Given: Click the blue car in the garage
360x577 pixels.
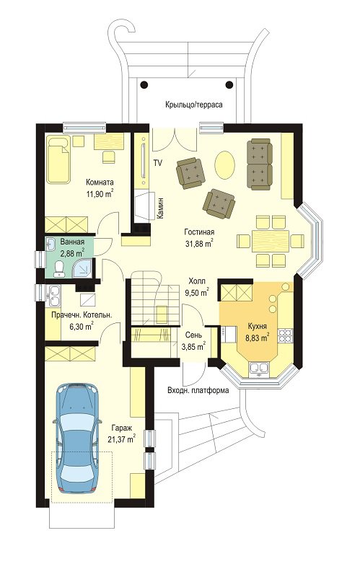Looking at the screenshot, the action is [77, 439].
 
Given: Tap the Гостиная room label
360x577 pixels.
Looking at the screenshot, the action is [199, 232].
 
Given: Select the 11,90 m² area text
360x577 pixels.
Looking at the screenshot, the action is [100, 194].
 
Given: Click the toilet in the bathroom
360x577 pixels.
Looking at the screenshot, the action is [58, 268].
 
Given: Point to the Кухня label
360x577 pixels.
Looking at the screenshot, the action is [258, 326].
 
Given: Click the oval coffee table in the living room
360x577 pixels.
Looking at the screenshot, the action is [224, 165].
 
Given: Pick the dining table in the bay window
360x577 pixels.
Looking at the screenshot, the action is [271, 241].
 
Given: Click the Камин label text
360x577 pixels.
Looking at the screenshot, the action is [160, 208].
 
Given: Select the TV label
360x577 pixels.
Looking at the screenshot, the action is [157, 163].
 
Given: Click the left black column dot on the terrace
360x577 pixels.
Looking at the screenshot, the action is [144, 84].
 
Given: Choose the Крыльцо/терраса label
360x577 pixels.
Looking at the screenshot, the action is [193, 105].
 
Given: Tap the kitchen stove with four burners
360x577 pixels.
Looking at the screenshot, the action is [285, 335].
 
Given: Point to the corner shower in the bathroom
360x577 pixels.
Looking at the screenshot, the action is [82, 267].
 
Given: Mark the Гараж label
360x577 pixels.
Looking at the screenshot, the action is [121, 428].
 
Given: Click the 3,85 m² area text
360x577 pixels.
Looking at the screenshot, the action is [193, 346].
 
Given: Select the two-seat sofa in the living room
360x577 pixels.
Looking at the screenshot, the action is [260, 164].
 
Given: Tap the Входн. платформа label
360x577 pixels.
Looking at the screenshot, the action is [198, 390].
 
